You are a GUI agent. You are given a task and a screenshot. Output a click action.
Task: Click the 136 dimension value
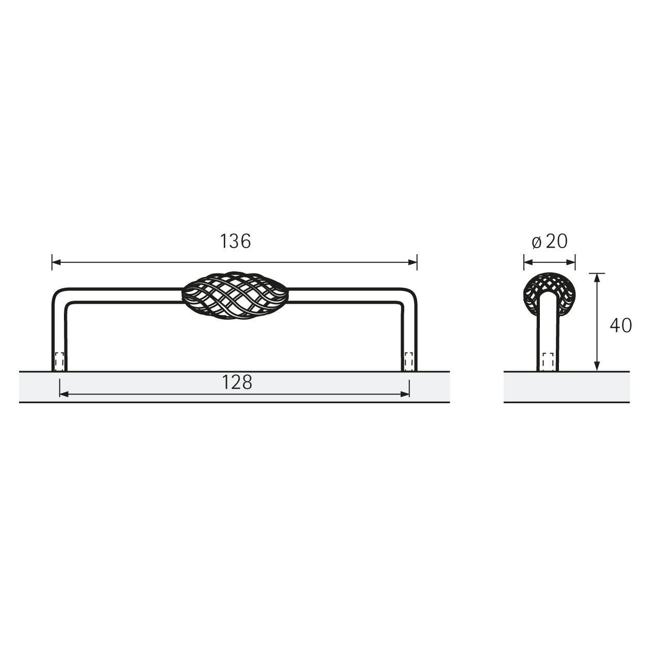[x=235, y=241]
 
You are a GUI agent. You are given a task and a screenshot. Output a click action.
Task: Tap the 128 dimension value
[x=237, y=382]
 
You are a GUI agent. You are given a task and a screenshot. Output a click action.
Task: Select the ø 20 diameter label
[x=550, y=241]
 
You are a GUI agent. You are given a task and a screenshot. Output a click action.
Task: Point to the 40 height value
[x=621, y=325]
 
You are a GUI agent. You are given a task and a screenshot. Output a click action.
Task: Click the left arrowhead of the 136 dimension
[x=56, y=262]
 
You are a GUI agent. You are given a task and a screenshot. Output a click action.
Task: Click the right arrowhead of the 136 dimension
[x=412, y=262]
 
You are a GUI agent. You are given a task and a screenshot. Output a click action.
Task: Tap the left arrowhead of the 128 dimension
[x=64, y=394]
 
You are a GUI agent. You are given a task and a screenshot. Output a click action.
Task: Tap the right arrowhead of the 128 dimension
[x=405, y=394]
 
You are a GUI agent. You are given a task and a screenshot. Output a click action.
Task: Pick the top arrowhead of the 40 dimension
[x=597, y=278]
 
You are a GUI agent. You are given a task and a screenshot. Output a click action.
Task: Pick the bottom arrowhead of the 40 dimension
[x=597, y=366]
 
